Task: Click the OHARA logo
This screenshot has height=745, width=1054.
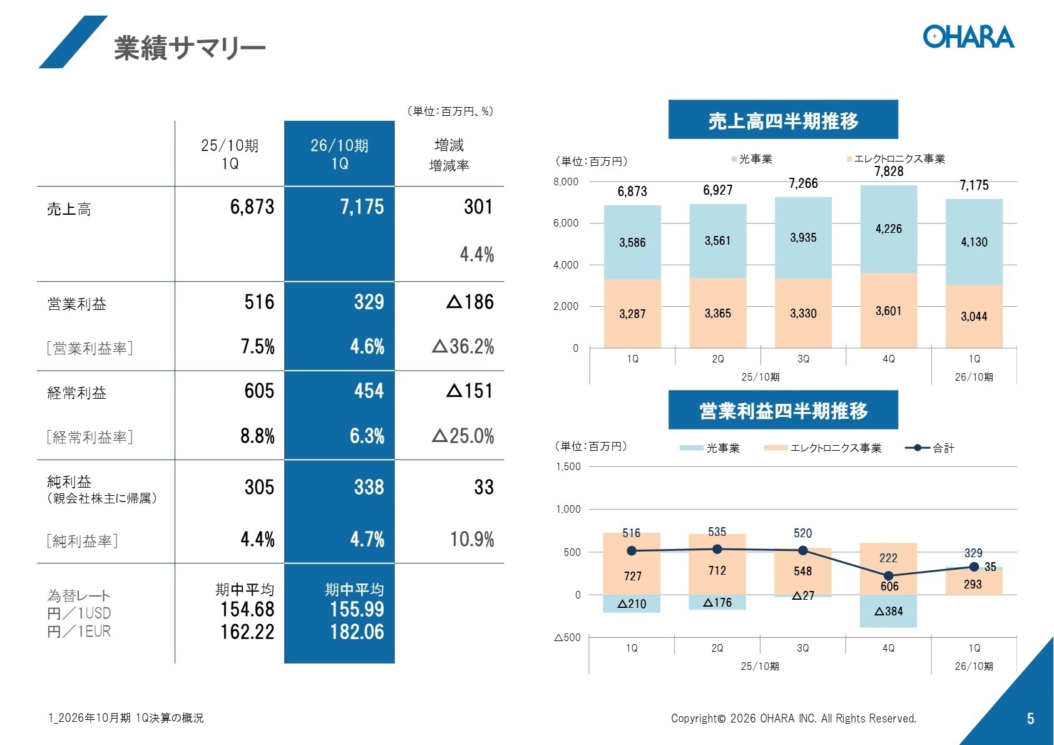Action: pos(968,37)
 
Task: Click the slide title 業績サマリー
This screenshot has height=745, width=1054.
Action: pos(190,48)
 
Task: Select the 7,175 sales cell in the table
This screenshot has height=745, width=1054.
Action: pos(362,207)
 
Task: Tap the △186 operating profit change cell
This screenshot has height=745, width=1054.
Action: pos(470,302)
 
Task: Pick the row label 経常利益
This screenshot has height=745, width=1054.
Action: pos(77,393)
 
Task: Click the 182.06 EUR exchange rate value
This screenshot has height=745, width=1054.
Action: pos(357,632)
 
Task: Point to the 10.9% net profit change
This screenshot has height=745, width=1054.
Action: pos(472,539)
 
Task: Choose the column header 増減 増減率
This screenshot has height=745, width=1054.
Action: pos(449,155)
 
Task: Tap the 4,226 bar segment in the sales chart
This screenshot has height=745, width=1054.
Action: pos(888,229)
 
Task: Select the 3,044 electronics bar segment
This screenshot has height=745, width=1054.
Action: pos(974,316)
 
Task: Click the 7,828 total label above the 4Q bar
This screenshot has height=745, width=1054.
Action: pos(889,172)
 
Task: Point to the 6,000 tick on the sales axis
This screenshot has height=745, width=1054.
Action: pos(566,223)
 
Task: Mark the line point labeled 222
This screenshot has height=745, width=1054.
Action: pos(888,575)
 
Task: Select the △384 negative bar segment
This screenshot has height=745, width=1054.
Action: pos(888,612)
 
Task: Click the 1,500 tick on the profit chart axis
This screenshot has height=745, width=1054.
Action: pos(568,466)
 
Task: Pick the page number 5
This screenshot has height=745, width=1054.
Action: pos(1030,719)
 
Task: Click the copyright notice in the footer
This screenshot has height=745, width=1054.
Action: pos(793,719)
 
